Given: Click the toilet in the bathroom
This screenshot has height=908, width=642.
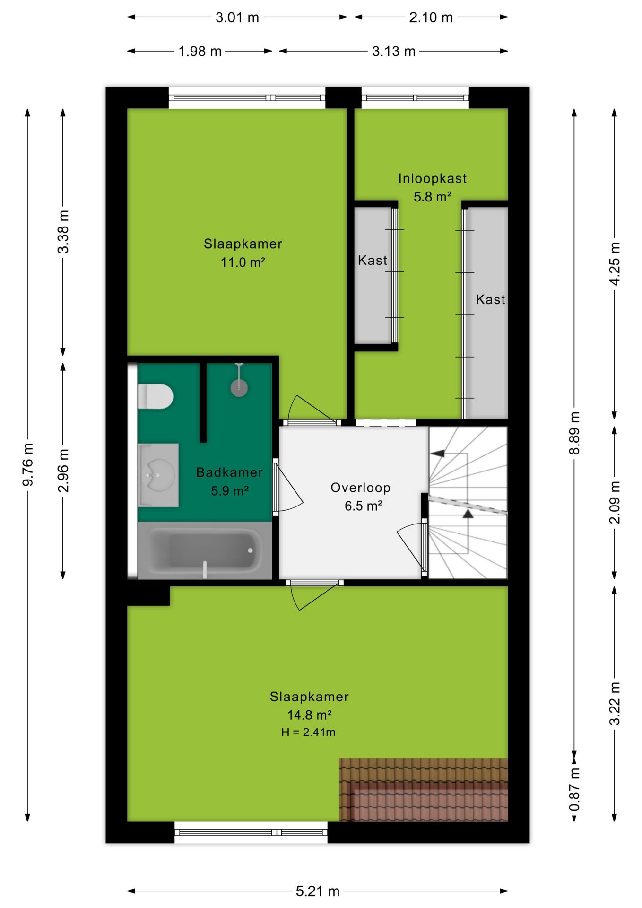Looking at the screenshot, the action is (x=156, y=396).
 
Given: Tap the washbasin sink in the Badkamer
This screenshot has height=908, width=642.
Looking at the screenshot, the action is (x=158, y=475).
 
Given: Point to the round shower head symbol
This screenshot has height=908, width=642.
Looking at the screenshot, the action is (x=239, y=388).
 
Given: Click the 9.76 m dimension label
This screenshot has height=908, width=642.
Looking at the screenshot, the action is (x=28, y=464).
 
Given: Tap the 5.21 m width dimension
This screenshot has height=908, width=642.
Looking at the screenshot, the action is (x=318, y=891).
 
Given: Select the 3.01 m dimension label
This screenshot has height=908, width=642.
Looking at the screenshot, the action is (x=237, y=17).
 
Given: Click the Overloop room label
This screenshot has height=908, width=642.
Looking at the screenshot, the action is (x=361, y=488).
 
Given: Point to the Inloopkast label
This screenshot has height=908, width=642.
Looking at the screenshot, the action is (x=433, y=178).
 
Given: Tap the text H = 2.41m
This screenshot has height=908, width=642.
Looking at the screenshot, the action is (x=308, y=732).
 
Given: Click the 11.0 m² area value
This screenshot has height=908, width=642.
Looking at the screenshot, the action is (x=243, y=262).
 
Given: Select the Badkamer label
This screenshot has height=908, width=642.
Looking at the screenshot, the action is (x=230, y=472).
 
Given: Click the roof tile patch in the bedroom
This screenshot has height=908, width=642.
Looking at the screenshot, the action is (x=424, y=790).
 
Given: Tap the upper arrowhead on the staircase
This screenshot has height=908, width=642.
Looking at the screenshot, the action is (x=437, y=454).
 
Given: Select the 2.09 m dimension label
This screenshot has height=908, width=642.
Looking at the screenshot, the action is (x=615, y=502).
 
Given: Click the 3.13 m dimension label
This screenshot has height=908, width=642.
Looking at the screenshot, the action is (x=394, y=51).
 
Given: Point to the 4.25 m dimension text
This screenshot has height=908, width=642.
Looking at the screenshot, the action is (x=615, y=263).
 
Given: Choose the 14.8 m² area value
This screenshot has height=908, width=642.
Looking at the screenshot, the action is (x=309, y=715).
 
